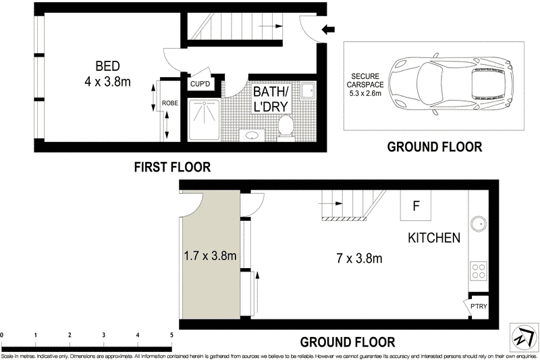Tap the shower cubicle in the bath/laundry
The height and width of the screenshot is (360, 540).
pos(204,120)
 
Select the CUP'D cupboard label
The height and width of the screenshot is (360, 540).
pos(200,84)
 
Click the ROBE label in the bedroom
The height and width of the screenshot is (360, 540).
pos(170,103)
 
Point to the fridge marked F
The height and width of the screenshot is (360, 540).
pos(416,205)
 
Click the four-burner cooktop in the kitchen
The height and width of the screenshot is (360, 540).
pos(479,270)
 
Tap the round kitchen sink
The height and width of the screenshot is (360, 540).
pos(479,224)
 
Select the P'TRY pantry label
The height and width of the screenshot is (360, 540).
pos(479,306)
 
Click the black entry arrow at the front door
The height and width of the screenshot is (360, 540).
pos(328,30)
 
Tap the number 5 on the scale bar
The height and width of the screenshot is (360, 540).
pos(171,335)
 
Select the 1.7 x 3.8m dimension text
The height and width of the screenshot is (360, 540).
pos(210,256)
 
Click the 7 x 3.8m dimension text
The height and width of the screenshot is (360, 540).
pos(359,258)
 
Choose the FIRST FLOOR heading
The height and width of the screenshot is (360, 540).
pos(172,167)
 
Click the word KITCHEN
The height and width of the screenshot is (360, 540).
pos(434,238)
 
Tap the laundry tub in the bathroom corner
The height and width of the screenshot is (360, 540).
pos(308,91)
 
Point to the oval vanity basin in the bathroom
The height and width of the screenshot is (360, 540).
pos(252,134)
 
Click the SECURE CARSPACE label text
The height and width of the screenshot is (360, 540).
pos(365,80)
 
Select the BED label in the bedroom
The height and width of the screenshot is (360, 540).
pos(108,66)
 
